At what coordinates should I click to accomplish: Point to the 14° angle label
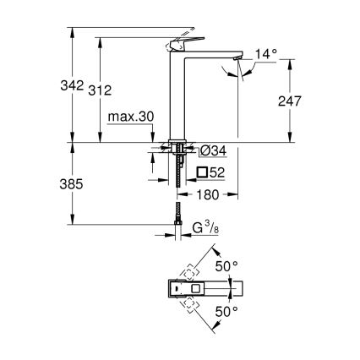(265, 54)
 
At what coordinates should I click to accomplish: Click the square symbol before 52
(203, 173)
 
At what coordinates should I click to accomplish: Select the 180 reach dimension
(209, 195)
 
